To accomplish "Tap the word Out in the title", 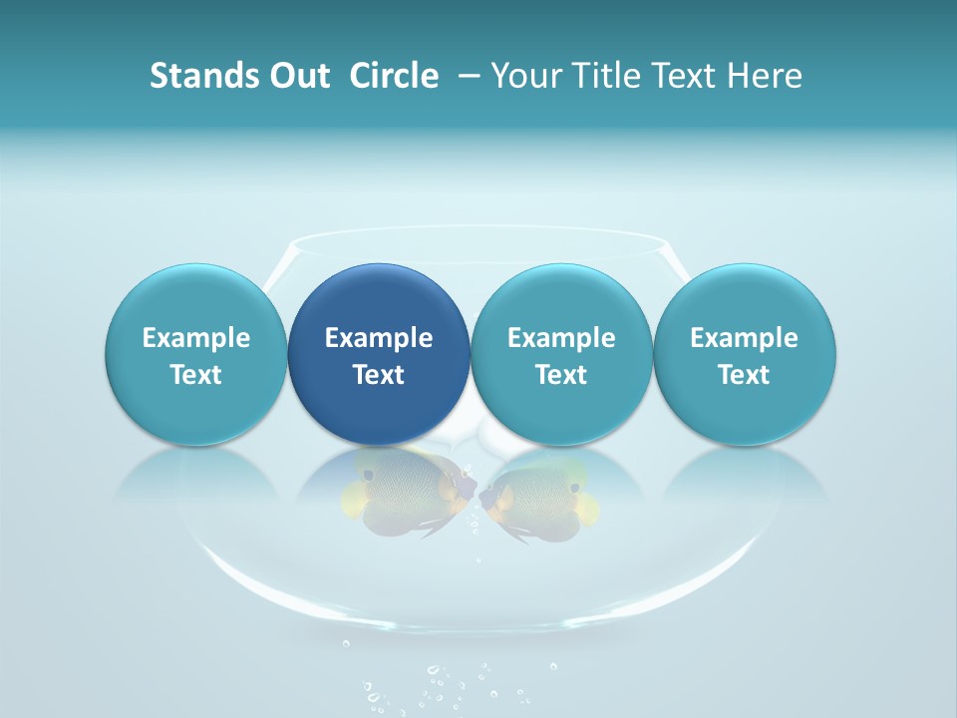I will coord(297,76).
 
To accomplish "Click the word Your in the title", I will coord(526,76).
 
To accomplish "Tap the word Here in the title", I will coord(765,76).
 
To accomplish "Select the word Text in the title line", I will coord(687,76).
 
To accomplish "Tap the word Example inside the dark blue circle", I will coord(379,338).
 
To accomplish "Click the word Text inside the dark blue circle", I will coord(379,375).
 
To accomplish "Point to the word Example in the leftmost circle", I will coord(195,338).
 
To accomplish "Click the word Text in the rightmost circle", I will coord(744,375).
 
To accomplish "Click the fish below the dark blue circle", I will coord(404,494).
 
